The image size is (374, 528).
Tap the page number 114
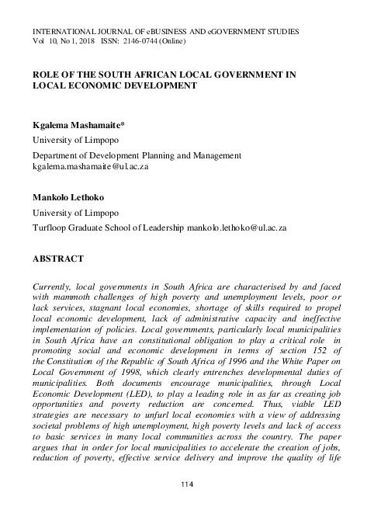point(186,485)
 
